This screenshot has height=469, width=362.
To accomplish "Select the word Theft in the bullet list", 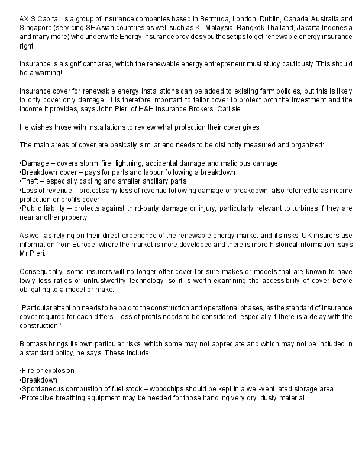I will pyautogui.click(x=30, y=181).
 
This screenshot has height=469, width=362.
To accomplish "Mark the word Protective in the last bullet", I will pyautogui.click(x=38, y=397).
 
